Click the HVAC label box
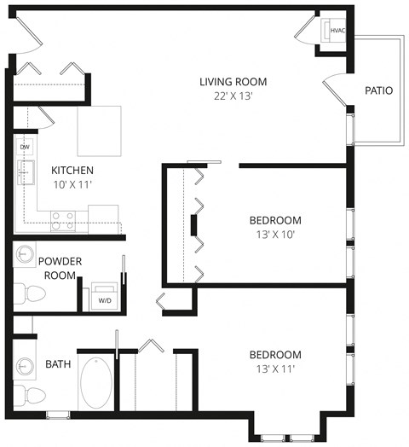(x=336, y=31)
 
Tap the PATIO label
(x=377, y=90)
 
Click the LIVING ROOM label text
(x=233, y=82)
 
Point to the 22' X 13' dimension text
(x=233, y=96)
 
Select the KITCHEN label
(x=72, y=170)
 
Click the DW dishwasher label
(x=25, y=147)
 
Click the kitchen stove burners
(x=61, y=220)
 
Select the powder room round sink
(x=26, y=255)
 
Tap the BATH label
(x=58, y=364)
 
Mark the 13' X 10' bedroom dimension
(x=276, y=233)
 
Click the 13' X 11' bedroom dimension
(x=275, y=369)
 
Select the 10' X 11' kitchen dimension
(x=72, y=183)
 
